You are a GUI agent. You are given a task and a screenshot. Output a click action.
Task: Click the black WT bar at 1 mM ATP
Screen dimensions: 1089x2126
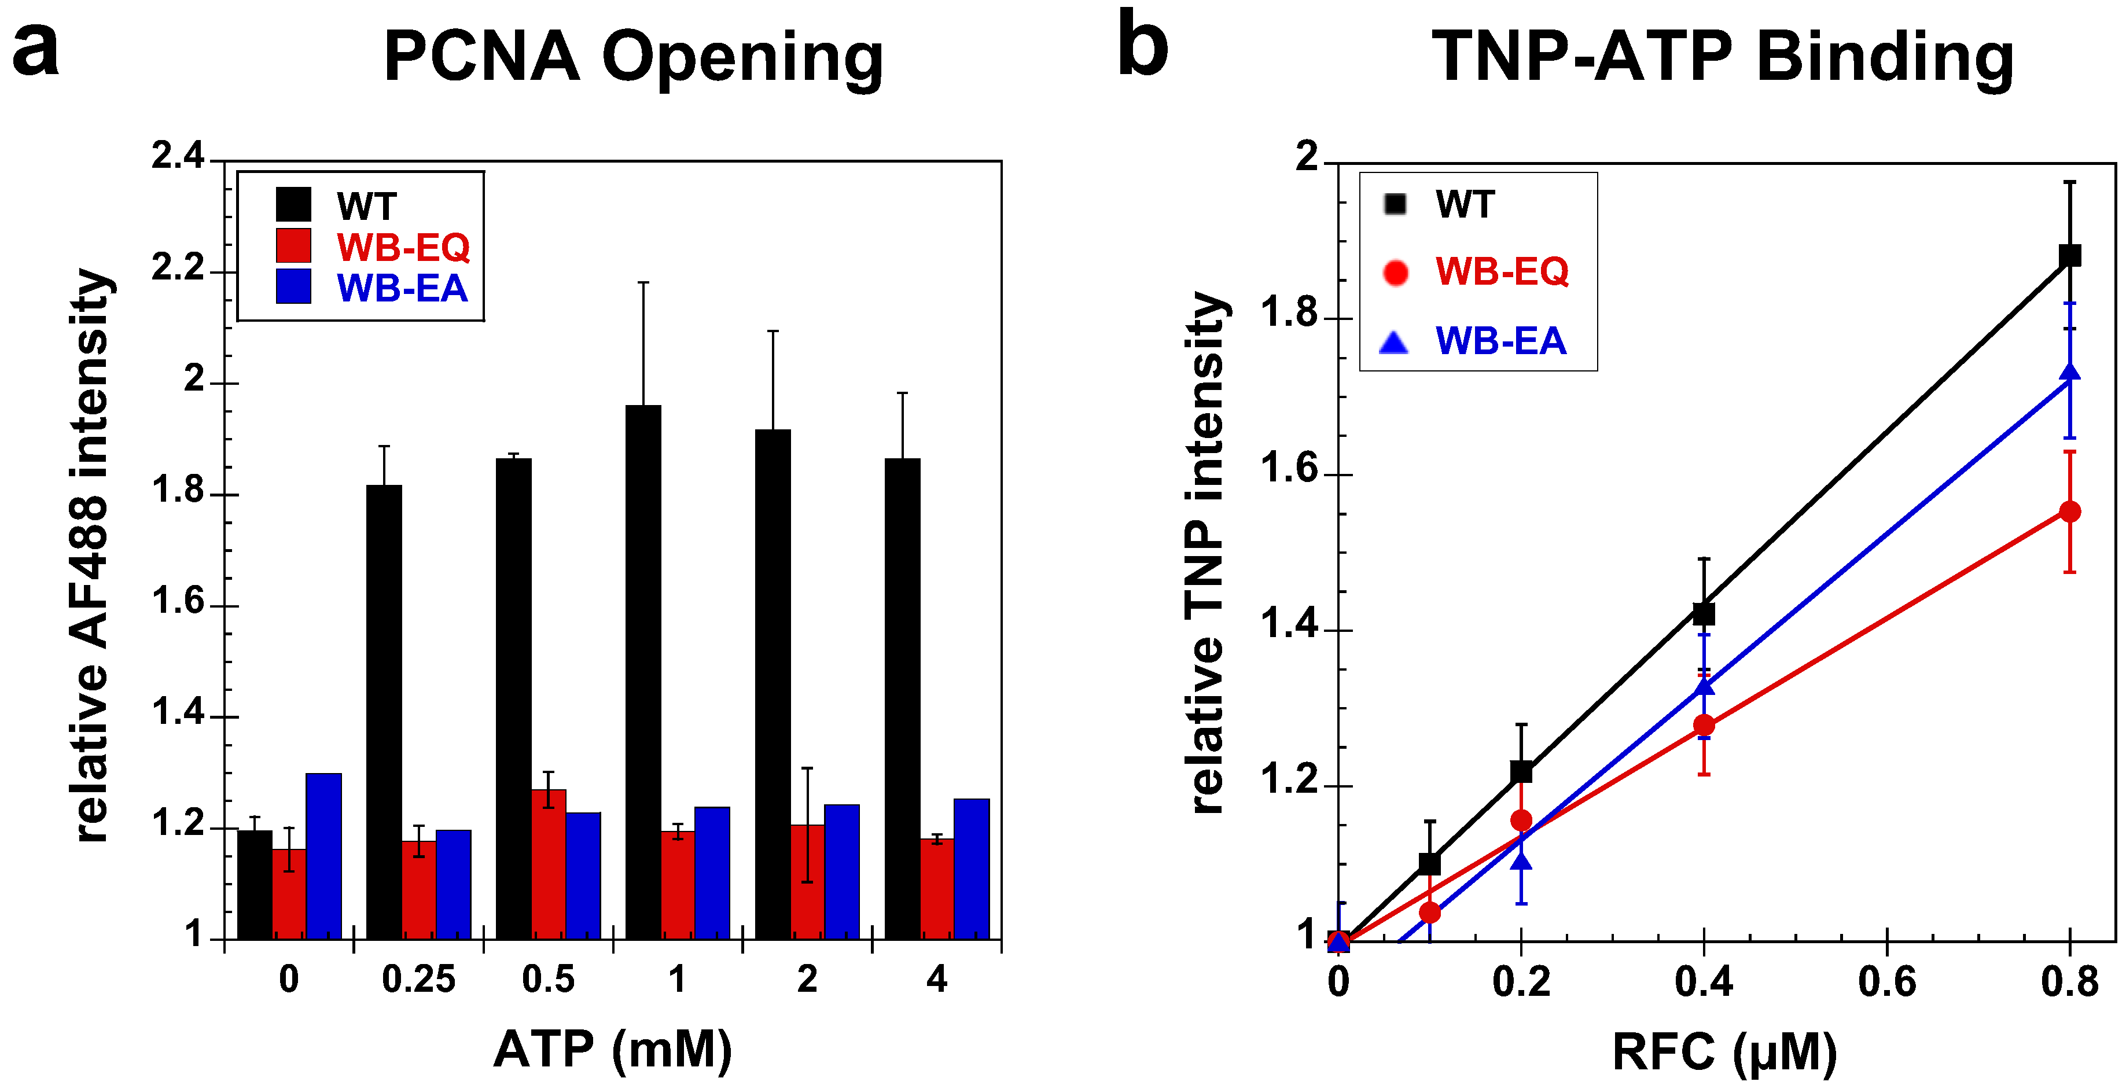coord(643,672)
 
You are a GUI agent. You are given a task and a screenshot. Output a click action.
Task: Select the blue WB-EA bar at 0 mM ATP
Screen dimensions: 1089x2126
coord(323,856)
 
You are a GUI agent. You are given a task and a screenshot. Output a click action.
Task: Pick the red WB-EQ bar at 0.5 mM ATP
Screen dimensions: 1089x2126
coord(549,864)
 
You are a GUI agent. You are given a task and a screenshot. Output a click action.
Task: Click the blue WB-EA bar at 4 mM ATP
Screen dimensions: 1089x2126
coord(972,869)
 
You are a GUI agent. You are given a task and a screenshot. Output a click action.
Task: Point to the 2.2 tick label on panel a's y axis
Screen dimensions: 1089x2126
coord(178,269)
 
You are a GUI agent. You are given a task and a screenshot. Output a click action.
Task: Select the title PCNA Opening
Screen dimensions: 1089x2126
coord(633,58)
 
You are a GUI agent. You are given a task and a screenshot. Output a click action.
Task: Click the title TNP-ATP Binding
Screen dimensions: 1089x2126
coord(1723,58)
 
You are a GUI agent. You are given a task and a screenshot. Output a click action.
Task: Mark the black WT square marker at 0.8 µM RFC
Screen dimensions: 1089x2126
coord(2069,256)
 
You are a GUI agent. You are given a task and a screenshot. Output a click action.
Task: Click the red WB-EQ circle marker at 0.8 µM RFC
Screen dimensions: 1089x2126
coord(2069,512)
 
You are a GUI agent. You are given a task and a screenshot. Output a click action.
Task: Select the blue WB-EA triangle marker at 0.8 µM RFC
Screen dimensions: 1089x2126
coord(2069,373)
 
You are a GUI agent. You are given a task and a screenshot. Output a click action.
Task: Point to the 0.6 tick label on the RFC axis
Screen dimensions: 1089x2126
coord(1886,982)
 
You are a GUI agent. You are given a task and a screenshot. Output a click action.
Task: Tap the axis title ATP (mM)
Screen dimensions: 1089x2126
coord(612,1050)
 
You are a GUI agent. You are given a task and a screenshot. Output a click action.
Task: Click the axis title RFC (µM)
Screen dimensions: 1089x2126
coord(1724,1053)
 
